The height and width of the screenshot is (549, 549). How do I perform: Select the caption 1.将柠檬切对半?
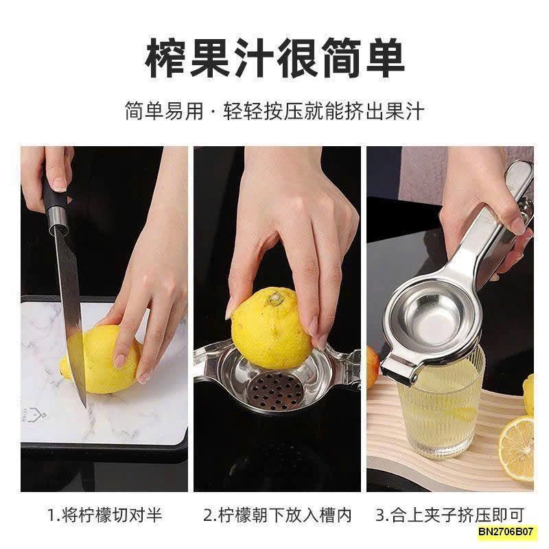point(104,514)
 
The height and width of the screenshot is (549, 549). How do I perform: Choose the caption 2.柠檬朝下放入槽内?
point(277,514)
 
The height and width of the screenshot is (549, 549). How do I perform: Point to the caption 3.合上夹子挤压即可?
point(449,514)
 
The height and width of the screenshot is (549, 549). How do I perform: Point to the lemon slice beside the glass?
point(515,449)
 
